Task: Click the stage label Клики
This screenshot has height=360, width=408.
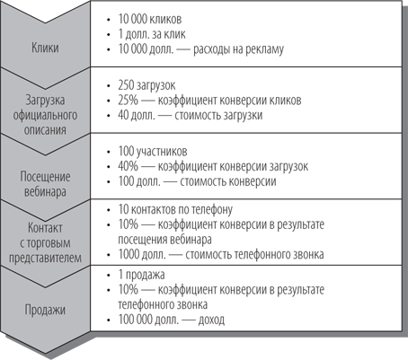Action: click(45, 48)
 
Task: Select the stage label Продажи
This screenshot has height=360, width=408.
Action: click(45, 310)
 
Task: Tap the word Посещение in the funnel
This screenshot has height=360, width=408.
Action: click(45, 177)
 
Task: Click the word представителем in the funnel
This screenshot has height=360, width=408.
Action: click(45, 258)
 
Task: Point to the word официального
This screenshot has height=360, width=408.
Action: click(45, 115)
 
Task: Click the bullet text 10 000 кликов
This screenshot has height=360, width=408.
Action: click(150, 19)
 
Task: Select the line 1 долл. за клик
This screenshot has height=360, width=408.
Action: click(152, 34)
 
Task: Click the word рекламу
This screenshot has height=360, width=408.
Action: click(264, 49)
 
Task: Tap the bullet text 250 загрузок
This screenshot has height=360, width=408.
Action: click(146, 85)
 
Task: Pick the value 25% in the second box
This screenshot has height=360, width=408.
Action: click(129, 101)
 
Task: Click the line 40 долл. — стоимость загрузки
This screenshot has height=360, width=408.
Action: click(191, 115)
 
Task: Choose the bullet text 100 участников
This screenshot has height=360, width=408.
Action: click(153, 151)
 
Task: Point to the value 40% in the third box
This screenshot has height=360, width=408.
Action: click(129, 166)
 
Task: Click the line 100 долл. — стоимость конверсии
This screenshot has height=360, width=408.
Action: click(197, 181)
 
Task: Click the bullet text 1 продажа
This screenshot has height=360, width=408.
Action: click(141, 275)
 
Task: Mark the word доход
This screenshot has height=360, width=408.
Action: click(211, 320)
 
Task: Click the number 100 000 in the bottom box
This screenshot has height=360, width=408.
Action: click(135, 320)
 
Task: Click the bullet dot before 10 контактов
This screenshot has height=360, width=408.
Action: click(109, 209)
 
